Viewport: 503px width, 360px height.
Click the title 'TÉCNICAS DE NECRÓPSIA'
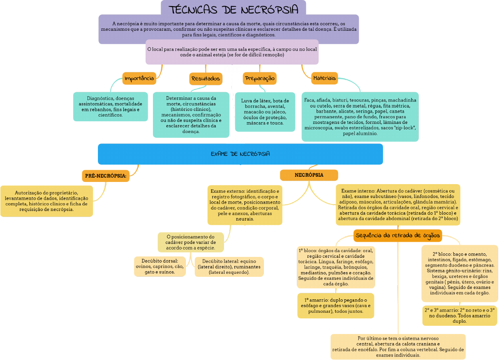[233, 10]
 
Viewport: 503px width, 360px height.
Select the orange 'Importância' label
[139, 78]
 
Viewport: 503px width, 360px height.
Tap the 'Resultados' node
[206, 79]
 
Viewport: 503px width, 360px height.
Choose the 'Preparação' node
[260, 78]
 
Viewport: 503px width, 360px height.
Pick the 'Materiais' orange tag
[324, 78]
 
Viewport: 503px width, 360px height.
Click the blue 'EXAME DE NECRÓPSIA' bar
[240, 154]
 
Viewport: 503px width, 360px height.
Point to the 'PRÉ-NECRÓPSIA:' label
[106, 176]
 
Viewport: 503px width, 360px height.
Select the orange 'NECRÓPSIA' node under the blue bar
[308, 175]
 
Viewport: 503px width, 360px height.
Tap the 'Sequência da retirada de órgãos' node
[397, 236]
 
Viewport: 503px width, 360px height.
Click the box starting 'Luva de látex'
[265, 112]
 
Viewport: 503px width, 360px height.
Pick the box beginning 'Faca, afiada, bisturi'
[360, 117]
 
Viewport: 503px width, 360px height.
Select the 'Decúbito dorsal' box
[160, 266]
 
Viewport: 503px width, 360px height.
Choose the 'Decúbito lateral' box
[229, 267]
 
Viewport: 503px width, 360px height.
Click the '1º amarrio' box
[335, 305]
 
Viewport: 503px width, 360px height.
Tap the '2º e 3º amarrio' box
[459, 316]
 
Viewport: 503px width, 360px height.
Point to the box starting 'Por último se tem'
[398, 346]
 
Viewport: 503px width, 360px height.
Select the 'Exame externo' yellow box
[245, 205]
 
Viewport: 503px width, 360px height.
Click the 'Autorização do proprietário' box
[46, 201]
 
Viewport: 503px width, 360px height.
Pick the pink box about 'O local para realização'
[232, 52]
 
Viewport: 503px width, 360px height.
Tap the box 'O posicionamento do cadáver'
[191, 242]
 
